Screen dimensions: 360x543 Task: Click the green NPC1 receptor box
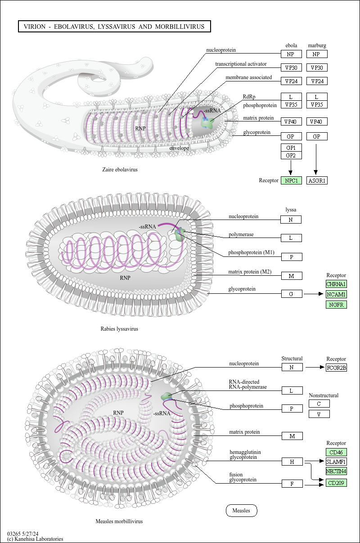point(291,180)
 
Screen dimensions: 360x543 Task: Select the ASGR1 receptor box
point(317,180)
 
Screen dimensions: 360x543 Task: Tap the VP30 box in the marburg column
point(317,67)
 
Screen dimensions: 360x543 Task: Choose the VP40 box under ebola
point(291,121)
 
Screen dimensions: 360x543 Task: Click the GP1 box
point(291,148)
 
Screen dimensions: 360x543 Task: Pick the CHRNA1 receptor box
point(336,284)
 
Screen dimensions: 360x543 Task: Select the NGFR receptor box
point(336,305)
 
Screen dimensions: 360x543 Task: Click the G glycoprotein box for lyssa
point(292,294)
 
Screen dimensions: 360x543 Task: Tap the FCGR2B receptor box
point(336,368)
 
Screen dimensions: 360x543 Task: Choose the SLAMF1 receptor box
point(336,462)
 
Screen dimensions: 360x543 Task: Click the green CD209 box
point(336,483)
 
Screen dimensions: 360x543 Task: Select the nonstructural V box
point(319,414)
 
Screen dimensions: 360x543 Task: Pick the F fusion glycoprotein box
point(292,483)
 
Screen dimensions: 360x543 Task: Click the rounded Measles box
point(242,510)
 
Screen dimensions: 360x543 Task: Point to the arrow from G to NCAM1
point(314,294)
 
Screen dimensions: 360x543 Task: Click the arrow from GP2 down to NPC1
point(291,167)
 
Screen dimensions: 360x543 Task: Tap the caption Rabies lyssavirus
point(119,329)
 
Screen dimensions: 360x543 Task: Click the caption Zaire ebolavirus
point(120,170)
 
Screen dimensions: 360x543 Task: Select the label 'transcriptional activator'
point(241,64)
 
